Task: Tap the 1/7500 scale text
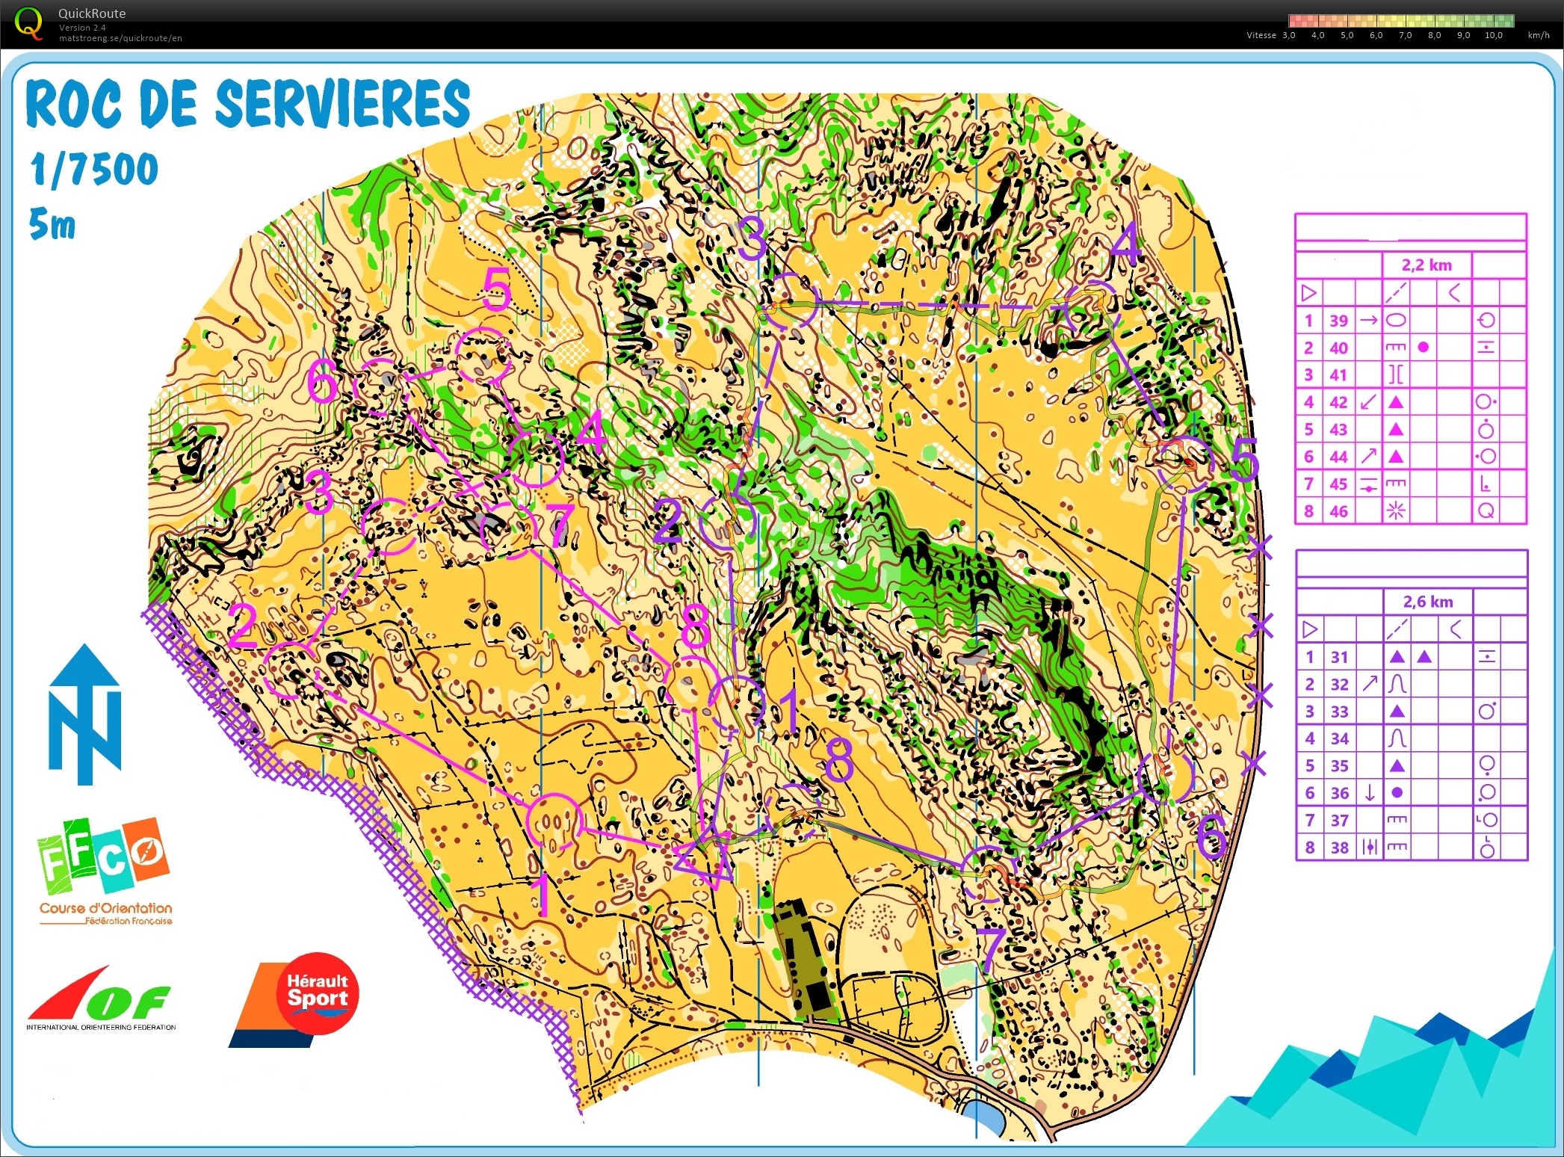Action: [94, 170]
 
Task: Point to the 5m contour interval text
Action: [52, 224]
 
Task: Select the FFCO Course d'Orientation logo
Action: [104, 871]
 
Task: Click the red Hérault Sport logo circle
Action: [318, 993]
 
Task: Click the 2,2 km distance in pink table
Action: [1427, 265]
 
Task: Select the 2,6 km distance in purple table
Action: [1427, 602]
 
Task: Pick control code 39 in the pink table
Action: [1338, 321]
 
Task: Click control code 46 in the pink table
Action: [1338, 512]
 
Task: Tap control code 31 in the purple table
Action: [1339, 658]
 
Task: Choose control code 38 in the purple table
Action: [1340, 848]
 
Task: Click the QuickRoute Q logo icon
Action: [28, 22]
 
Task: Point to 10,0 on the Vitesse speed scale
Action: [1493, 35]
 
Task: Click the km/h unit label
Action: [1539, 35]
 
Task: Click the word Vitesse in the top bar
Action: [1261, 35]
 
